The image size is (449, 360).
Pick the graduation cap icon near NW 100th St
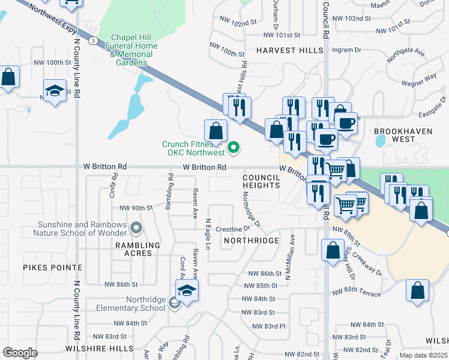[55, 91]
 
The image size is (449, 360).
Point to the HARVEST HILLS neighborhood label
[291, 50]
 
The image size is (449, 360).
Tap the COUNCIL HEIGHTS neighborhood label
[261, 182]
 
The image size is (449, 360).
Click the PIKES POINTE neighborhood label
[52, 267]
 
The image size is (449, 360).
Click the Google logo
[20, 352]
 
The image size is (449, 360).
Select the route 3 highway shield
[94, 41]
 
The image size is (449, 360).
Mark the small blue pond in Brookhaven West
[380, 141]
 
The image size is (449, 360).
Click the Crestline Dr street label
[232, 229]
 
